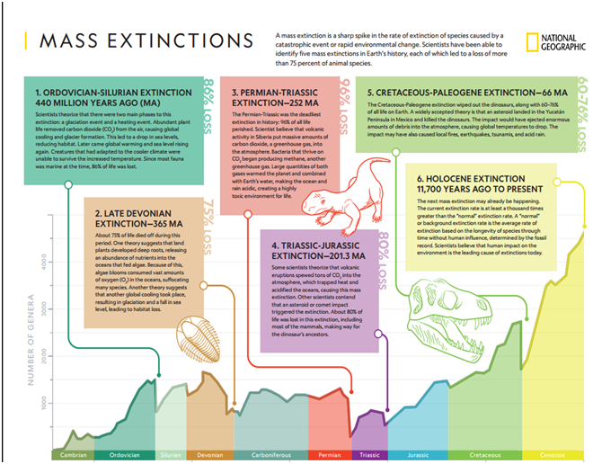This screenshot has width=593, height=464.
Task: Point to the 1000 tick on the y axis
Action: tap(42, 406)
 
